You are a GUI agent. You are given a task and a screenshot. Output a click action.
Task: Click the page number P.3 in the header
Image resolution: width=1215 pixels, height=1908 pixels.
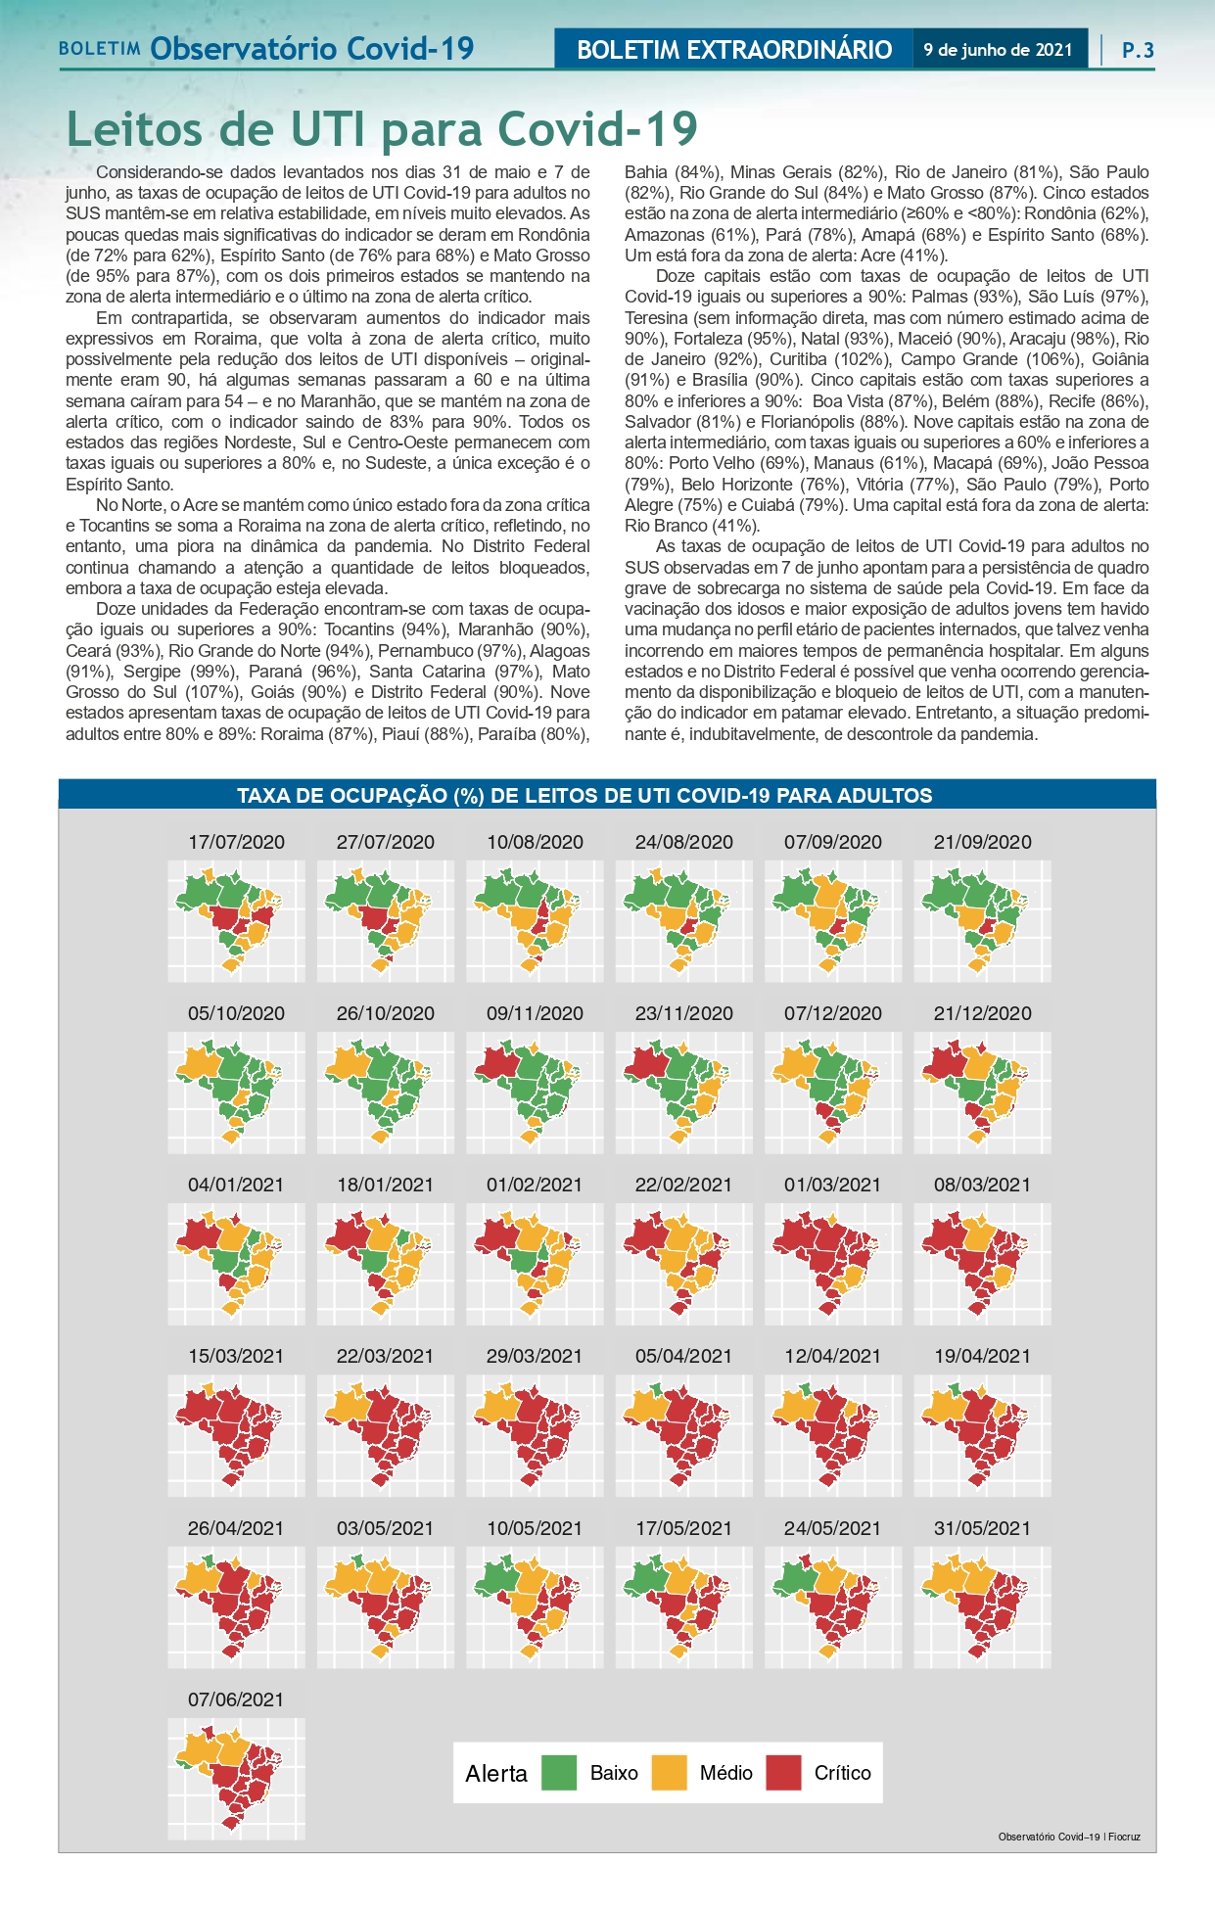click(x=1138, y=50)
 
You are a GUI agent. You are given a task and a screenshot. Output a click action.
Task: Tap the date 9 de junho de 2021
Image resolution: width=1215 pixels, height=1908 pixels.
click(x=998, y=50)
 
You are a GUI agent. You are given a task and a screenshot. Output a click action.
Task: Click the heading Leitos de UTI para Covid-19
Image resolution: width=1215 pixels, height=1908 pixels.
click(x=382, y=129)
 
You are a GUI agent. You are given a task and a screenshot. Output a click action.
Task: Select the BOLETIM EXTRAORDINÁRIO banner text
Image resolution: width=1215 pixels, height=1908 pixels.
click(x=734, y=50)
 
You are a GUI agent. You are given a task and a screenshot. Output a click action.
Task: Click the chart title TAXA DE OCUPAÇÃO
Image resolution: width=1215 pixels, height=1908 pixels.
click(x=584, y=796)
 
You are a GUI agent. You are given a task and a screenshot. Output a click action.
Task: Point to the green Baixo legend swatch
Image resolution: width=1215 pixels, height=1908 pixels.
click(x=559, y=1773)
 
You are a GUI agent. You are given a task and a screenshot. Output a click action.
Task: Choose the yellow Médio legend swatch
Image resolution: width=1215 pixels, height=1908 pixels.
click(x=670, y=1773)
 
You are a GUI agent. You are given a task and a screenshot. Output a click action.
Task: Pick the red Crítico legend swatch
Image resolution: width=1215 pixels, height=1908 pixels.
click(x=783, y=1773)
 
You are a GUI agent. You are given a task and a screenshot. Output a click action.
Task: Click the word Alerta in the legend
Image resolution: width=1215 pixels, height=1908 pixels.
click(x=496, y=1774)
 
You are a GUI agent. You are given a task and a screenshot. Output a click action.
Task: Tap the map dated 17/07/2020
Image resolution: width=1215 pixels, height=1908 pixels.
click(x=235, y=920)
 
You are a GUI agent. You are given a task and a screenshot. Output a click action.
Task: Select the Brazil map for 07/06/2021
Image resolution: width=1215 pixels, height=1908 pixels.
click(x=235, y=1778)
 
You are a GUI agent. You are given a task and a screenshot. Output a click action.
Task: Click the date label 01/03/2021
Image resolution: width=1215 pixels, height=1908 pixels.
click(x=832, y=1185)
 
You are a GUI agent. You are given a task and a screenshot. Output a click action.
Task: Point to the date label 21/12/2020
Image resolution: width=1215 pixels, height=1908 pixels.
click(x=982, y=1013)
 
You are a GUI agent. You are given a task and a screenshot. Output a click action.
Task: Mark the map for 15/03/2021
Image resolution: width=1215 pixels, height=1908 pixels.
click(x=235, y=1435)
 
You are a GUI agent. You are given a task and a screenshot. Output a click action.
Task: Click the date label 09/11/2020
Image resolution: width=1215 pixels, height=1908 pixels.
click(x=535, y=1013)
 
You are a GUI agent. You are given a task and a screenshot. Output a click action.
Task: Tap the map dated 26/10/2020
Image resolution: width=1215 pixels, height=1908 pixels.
click(x=385, y=1092)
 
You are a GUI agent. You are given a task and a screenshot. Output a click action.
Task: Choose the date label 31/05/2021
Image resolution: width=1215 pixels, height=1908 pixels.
click(x=982, y=1528)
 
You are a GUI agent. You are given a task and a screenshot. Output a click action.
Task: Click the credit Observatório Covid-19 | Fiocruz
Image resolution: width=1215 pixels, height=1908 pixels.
click(x=1069, y=1837)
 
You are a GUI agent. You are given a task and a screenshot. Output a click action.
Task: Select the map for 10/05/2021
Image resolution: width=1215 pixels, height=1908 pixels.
click(x=535, y=1606)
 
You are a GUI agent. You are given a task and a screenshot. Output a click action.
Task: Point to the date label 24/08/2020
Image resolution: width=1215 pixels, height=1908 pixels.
click(x=683, y=842)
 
